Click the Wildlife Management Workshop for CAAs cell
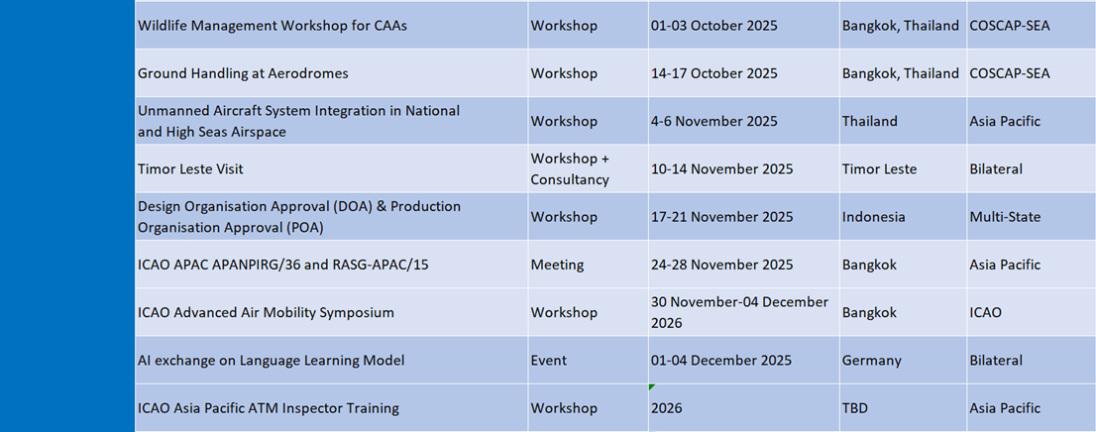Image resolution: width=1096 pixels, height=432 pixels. coord(273,26)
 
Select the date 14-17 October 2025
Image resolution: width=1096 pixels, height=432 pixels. coord(713,73)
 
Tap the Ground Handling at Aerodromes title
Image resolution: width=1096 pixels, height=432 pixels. coord(243,73)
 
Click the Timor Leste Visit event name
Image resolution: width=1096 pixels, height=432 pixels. coord(190,169)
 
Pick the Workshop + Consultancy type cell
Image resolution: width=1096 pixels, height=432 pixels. coord(570,169)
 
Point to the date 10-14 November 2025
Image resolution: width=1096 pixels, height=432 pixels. coord(721,169)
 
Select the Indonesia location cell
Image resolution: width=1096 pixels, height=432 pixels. coord(874,217)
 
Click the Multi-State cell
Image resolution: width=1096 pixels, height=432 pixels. coord(1005,217)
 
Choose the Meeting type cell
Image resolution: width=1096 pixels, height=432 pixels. coord(556,265)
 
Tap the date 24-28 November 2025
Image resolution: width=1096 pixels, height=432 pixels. coord(721,265)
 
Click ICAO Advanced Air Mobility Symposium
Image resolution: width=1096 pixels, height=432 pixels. coord(266,312)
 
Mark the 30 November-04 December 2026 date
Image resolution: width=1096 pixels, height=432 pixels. coord(739,312)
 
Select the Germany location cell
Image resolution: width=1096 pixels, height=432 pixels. coord(872,361)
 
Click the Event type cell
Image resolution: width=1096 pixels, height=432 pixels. coord(549,361)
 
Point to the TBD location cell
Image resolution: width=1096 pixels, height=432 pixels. coord(855,408)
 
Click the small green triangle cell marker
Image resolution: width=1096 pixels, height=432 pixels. coord(651,386)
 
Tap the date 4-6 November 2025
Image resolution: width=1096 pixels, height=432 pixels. coord(713,122)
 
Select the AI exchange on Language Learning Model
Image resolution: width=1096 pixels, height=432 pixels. coord(272,361)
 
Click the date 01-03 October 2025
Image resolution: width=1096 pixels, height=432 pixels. coord(713,26)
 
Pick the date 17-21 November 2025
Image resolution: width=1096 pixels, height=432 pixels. coord(721,217)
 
